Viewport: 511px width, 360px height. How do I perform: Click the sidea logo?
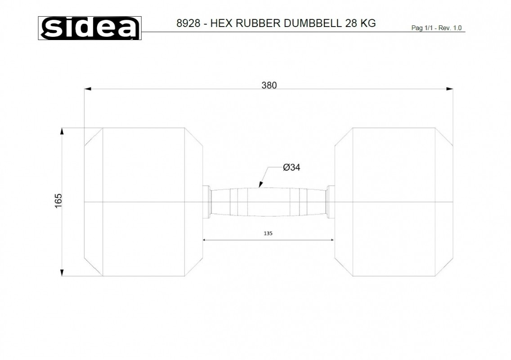click(x=90, y=28)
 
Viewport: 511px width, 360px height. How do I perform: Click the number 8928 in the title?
click(x=188, y=23)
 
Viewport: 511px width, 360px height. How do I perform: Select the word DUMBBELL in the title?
click(x=313, y=23)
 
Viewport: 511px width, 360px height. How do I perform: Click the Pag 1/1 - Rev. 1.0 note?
click(x=436, y=28)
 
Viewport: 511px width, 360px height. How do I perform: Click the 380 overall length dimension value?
click(x=269, y=85)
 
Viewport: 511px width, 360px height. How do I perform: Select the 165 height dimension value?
click(x=58, y=201)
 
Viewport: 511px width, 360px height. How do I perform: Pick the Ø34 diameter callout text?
click(x=291, y=167)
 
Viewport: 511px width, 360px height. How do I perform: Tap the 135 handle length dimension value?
click(x=268, y=233)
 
